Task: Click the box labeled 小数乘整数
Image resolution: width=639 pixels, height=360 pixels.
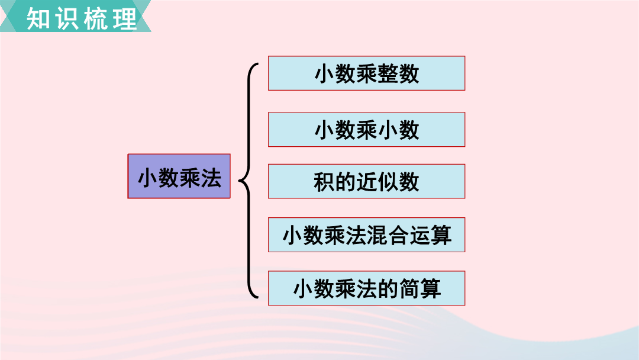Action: (x=366, y=73)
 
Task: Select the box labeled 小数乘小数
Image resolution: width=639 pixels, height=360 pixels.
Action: (x=366, y=129)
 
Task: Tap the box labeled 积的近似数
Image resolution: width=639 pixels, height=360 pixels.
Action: (x=366, y=181)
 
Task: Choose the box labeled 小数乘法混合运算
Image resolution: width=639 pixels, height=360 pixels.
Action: (x=366, y=235)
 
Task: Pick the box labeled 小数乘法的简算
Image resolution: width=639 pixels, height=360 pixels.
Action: (x=366, y=288)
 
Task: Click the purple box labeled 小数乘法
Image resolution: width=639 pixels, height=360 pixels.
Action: (x=179, y=176)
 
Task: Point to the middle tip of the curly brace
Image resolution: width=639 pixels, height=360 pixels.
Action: (x=239, y=179)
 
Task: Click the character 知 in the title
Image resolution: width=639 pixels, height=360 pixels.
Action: (x=38, y=19)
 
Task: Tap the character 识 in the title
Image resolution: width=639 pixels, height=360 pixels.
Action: (x=67, y=19)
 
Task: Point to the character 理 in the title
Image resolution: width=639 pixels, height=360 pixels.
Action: (x=125, y=19)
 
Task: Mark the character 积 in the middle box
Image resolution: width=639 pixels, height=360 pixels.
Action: (x=324, y=182)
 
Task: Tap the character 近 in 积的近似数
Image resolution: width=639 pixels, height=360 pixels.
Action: (x=366, y=182)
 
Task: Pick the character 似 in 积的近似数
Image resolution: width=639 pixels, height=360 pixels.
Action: (x=388, y=182)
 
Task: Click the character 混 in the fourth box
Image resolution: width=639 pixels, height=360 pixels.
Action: (x=377, y=235)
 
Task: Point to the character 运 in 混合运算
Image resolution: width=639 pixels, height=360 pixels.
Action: (x=419, y=235)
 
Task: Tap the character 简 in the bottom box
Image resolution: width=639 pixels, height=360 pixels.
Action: (x=409, y=289)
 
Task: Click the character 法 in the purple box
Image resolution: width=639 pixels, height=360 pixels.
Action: (x=211, y=178)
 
